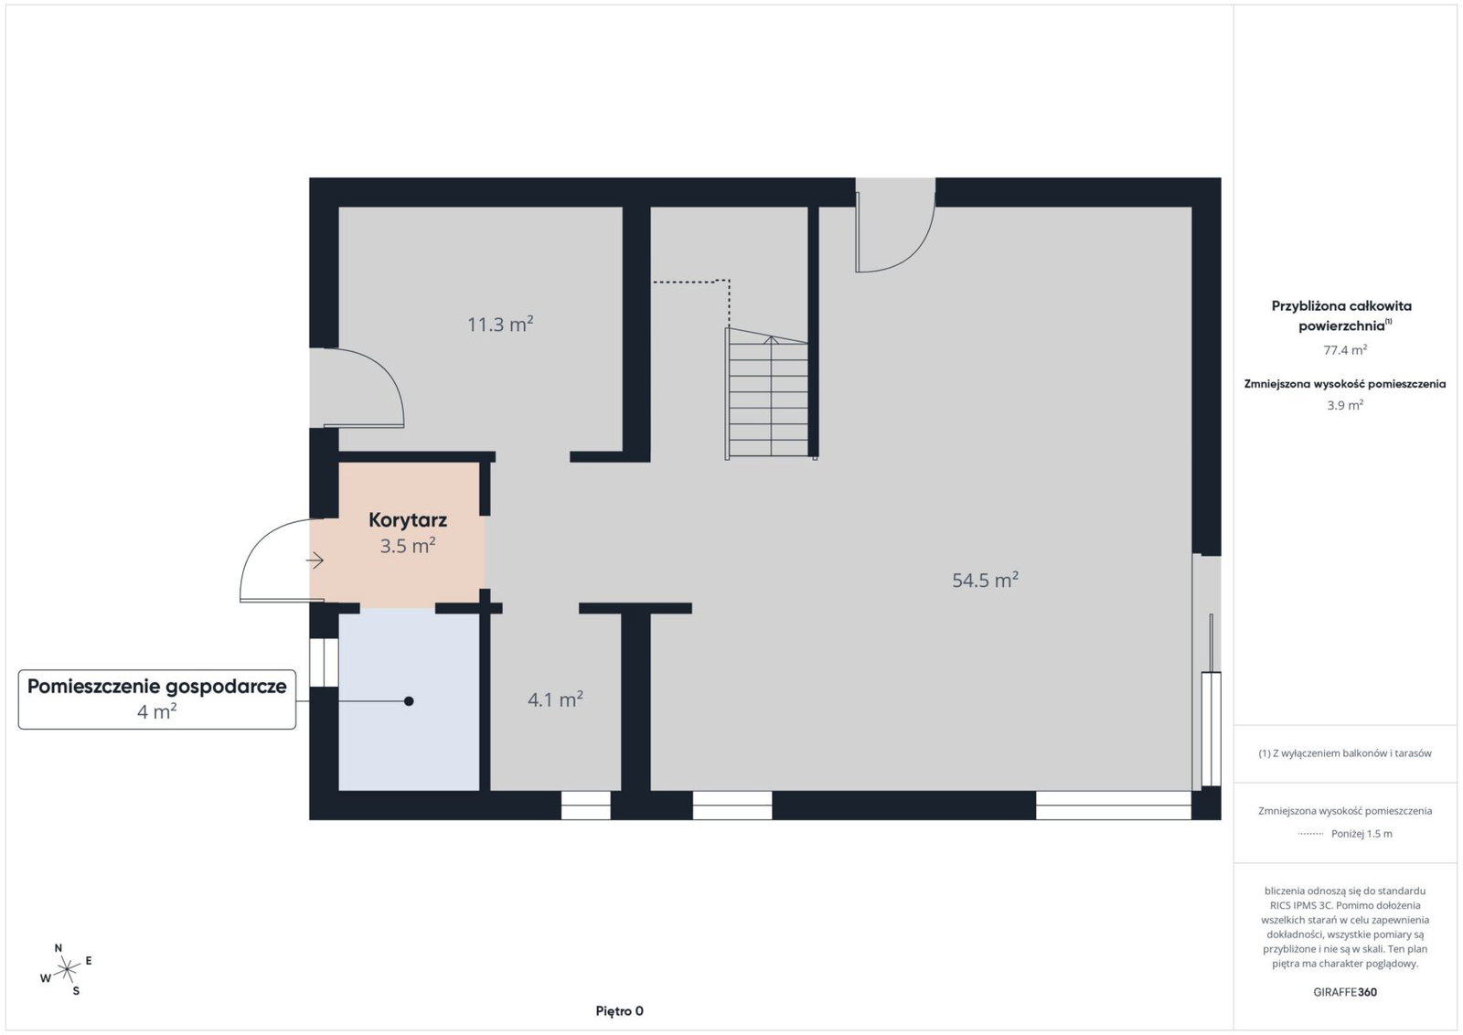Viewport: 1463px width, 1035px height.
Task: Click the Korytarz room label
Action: tap(408, 520)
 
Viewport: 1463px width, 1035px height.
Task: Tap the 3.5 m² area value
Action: tap(408, 545)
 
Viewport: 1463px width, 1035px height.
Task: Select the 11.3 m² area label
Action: tap(500, 324)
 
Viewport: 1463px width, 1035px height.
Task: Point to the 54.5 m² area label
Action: tap(985, 580)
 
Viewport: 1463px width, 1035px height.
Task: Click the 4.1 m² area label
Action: tap(555, 699)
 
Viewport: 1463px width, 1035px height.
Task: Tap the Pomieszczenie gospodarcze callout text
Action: tap(156, 687)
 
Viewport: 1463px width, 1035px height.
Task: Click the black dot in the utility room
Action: tap(409, 701)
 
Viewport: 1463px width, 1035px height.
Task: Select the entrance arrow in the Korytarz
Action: tap(315, 560)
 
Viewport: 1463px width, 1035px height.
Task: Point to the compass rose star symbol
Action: tap(67, 970)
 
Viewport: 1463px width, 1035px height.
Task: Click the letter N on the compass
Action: tap(59, 948)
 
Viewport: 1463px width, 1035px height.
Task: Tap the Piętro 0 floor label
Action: tap(619, 1011)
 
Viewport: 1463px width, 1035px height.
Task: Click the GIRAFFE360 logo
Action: tap(1345, 992)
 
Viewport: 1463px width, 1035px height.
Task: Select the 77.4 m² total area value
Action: tap(1345, 350)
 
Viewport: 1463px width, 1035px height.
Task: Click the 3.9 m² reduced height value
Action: tap(1345, 405)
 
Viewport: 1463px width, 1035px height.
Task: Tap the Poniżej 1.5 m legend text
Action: tap(1362, 833)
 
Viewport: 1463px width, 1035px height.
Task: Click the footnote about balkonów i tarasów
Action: tap(1345, 752)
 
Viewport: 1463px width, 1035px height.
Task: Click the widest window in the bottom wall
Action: tap(1114, 806)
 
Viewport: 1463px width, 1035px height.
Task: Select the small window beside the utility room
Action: tap(324, 662)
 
